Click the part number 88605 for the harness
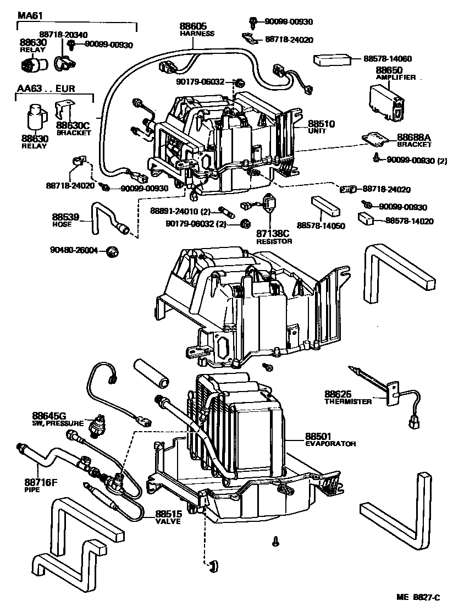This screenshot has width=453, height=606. tap(191, 26)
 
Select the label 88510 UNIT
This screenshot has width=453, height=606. tap(321, 127)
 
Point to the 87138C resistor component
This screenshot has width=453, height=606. tap(270, 205)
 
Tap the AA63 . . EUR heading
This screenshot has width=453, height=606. tap(46, 88)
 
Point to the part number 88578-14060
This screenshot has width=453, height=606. tap(388, 58)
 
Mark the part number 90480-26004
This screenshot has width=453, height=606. tap(74, 250)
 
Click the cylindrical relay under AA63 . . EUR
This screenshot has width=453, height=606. tap(37, 116)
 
